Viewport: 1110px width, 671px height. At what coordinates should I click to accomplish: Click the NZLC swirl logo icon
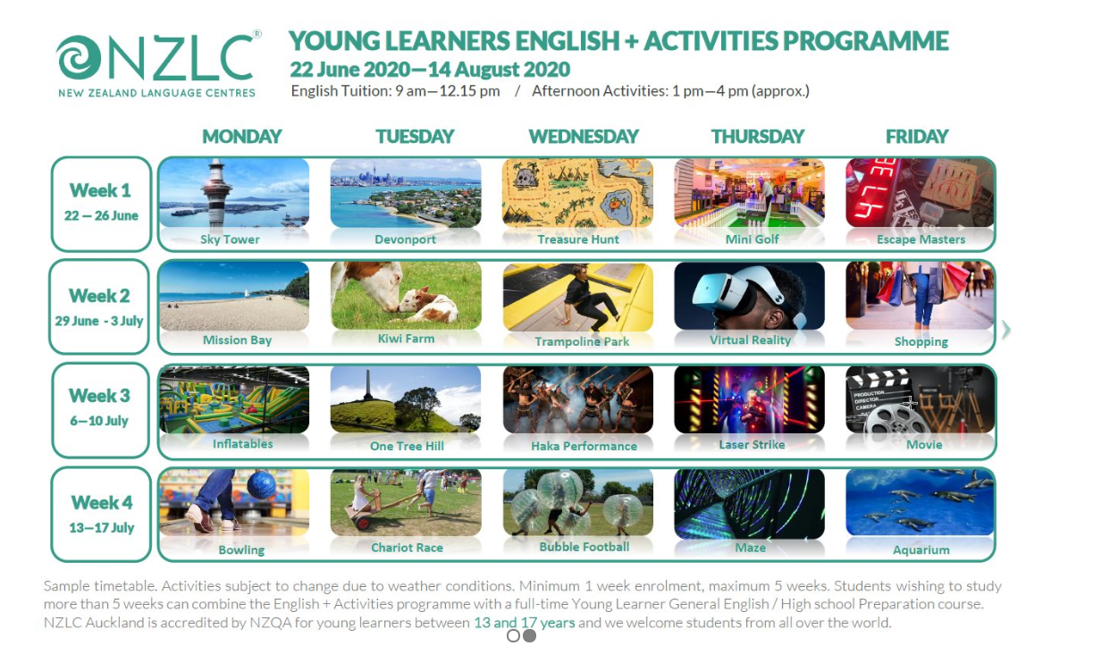80,59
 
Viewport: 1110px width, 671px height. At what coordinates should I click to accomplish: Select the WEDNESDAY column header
584,137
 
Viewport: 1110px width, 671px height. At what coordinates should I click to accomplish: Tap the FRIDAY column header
917,137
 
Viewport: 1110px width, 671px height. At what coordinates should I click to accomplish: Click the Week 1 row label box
101,204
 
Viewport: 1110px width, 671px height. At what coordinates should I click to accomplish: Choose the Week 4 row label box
101,514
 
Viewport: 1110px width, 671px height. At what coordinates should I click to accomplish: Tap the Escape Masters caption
921,239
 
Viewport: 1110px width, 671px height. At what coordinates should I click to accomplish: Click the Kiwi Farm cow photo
406,295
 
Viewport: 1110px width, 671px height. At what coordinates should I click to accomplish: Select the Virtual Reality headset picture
749,297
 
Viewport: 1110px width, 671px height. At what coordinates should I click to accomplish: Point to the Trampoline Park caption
582,341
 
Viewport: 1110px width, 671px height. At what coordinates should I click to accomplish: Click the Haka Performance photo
577,399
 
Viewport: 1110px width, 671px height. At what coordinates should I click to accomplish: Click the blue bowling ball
261,484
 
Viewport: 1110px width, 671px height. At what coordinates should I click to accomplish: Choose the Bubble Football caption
584,547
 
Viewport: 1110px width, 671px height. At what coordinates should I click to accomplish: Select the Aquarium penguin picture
921,502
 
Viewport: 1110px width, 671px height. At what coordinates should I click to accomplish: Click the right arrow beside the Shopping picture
1006,330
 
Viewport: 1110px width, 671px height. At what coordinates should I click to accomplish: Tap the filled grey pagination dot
529,636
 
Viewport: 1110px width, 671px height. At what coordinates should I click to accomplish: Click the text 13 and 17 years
524,623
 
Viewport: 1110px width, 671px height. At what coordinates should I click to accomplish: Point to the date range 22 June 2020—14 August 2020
430,70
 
